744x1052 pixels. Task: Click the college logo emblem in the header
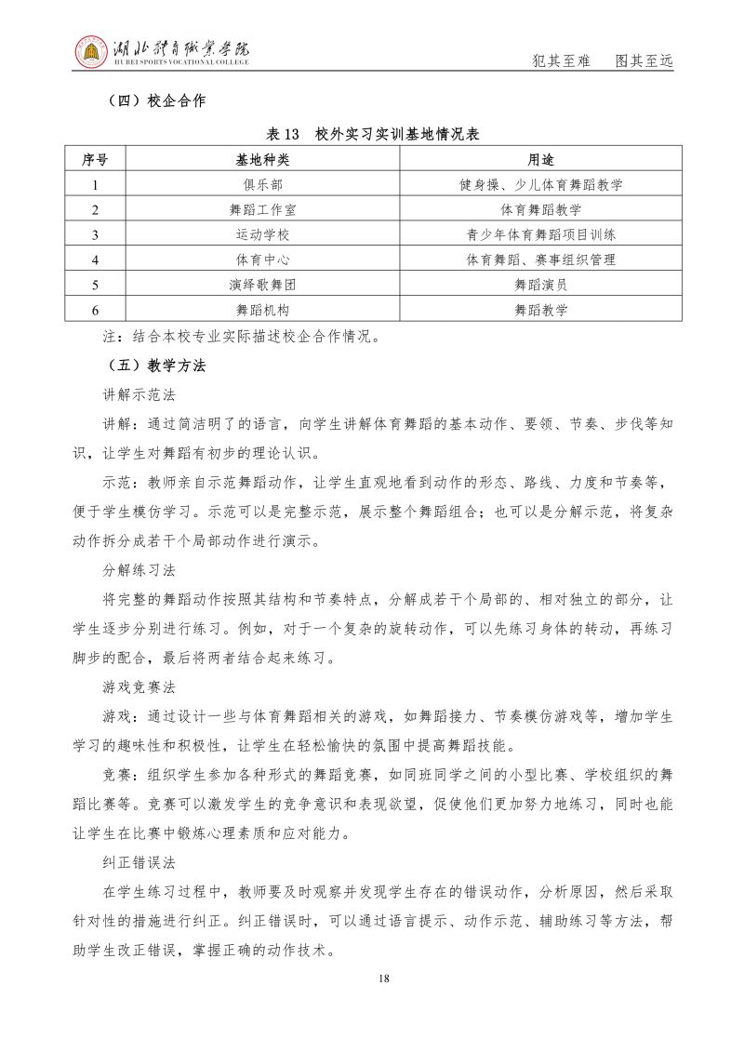pos(90,54)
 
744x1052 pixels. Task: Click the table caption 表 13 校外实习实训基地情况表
pos(372,134)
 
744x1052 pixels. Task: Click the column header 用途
pos(540,159)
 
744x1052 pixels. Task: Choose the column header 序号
pos(95,159)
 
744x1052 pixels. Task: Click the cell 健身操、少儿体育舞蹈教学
pos(540,184)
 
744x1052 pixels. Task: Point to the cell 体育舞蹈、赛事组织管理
pos(540,260)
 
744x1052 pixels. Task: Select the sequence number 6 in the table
pos(95,310)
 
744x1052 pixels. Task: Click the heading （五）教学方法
pos(152,366)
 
